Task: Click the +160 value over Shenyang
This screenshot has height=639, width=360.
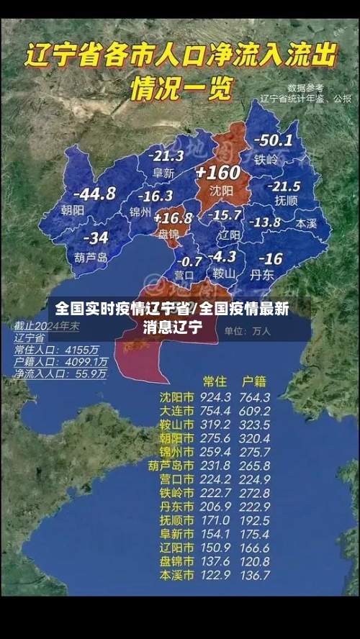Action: click(218, 173)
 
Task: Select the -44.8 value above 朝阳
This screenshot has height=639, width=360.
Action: click(94, 194)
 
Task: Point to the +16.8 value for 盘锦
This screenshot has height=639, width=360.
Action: click(173, 217)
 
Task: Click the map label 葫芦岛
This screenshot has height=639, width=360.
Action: click(91, 256)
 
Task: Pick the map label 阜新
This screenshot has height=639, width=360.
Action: click(163, 173)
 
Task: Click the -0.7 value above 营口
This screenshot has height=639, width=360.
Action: click(189, 260)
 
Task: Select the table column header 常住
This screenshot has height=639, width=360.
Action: click(215, 381)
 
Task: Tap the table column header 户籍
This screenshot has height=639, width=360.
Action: click(254, 381)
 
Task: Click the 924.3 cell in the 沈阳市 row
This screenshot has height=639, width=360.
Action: click(216, 397)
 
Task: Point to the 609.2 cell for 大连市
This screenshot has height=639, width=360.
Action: click(256, 411)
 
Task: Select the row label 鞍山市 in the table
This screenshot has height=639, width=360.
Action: click(176, 425)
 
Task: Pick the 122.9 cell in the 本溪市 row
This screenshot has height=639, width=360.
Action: click(216, 575)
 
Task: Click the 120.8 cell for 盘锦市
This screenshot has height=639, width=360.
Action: click(256, 561)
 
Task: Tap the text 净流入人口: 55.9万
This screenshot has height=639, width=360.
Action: click(62, 374)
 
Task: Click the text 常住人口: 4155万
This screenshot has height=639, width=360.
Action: click(62, 350)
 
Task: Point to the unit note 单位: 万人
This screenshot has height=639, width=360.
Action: click(247, 331)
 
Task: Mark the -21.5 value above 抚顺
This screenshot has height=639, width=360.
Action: click(283, 186)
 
